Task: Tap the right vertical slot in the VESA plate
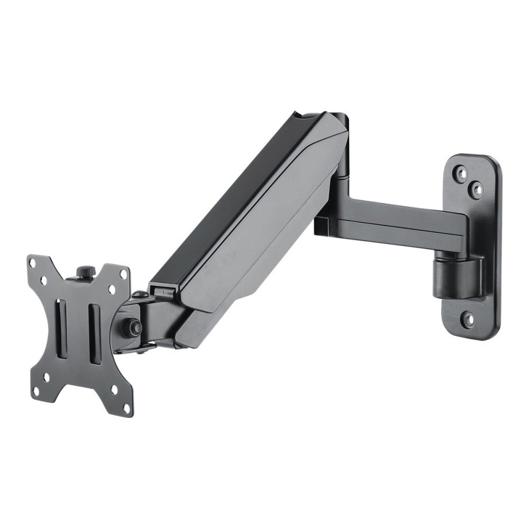(95, 335)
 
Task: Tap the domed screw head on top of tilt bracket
(140, 294)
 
